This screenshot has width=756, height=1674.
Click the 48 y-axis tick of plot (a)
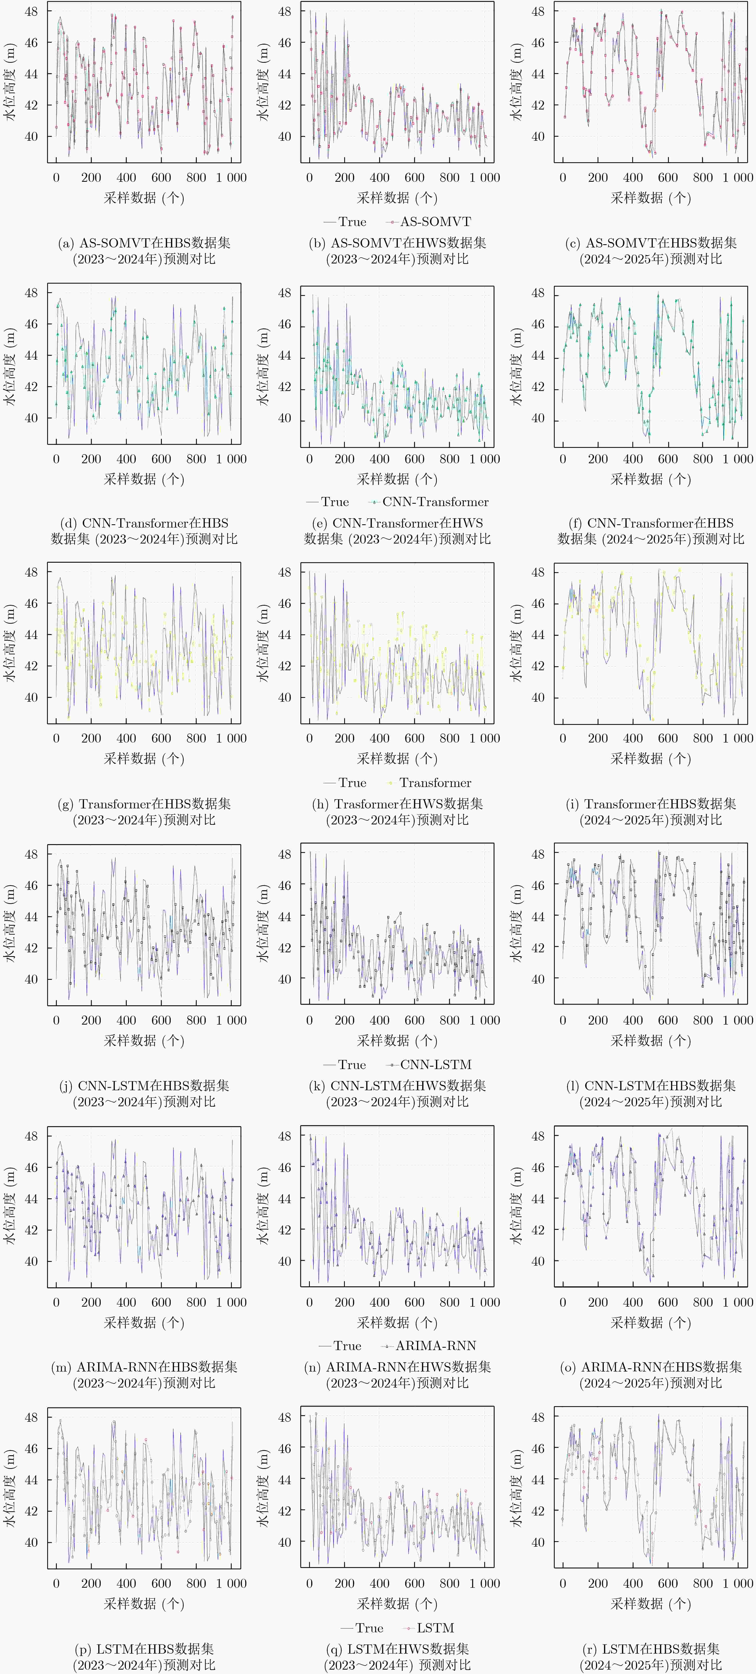tap(31, 12)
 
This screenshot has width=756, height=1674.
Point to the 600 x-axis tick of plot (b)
tap(414, 177)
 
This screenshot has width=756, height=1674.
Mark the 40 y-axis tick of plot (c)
tap(538, 137)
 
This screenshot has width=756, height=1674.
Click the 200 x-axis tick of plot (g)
tap(91, 738)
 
